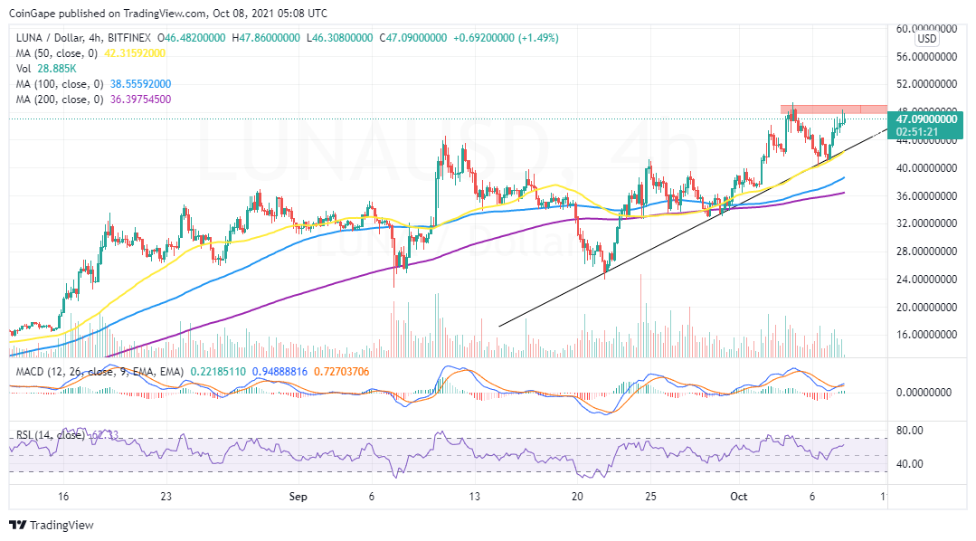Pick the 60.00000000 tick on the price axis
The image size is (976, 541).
tap(925, 29)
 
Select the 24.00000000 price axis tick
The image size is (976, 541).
tap(925, 279)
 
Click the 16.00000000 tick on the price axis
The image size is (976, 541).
tap(925, 335)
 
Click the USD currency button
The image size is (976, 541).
tap(927, 40)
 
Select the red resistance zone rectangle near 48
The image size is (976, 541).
tap(833, 109)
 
